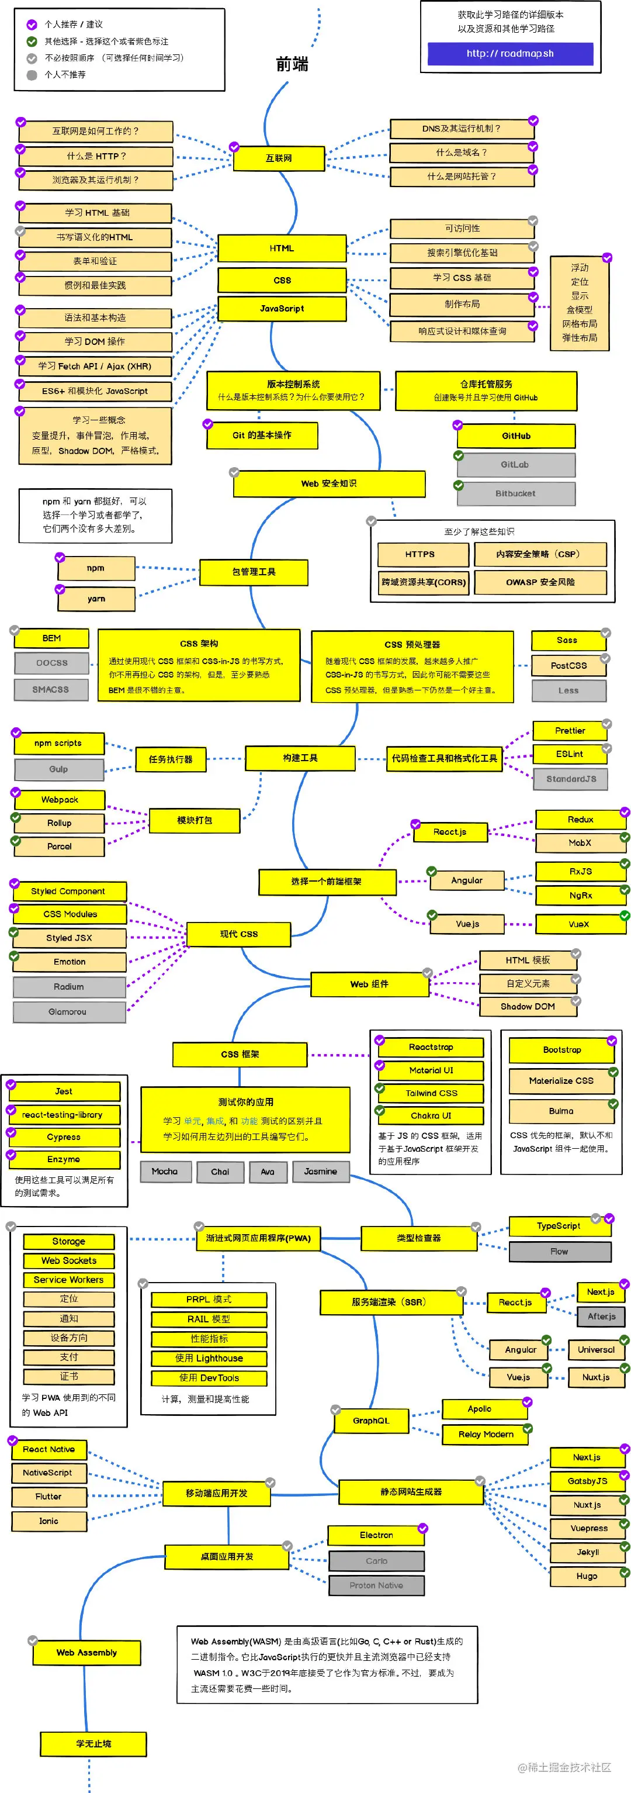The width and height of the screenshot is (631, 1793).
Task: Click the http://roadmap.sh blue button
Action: tap(510, 54)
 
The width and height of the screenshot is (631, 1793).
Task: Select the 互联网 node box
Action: tap(278, 158)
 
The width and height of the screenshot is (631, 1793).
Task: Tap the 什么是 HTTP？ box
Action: tap(96, 156)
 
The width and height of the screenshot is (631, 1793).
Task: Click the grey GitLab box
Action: tap(515, 464)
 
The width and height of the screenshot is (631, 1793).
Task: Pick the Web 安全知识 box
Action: tap(328, 483)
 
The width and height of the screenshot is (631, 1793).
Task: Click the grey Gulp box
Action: tap(59, 769)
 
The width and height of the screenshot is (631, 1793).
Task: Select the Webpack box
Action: tap(60, 800)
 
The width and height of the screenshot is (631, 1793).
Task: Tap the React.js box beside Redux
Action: tap(449, 832)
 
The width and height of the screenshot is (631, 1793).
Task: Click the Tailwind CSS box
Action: tap(431, 1093)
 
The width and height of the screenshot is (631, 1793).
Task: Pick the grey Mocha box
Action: tap(165, 1172)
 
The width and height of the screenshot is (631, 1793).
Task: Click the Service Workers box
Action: tap(68, 1279)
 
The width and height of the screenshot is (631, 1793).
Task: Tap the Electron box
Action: tap(376, 1535)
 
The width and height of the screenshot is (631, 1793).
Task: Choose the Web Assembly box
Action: tap(86, 1652)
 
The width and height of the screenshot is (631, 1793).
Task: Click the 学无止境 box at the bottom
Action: tap(93, 1743)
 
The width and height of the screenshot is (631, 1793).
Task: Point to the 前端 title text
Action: tap(292, 65)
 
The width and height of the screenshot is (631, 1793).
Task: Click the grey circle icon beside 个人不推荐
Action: tap(32, 74)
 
